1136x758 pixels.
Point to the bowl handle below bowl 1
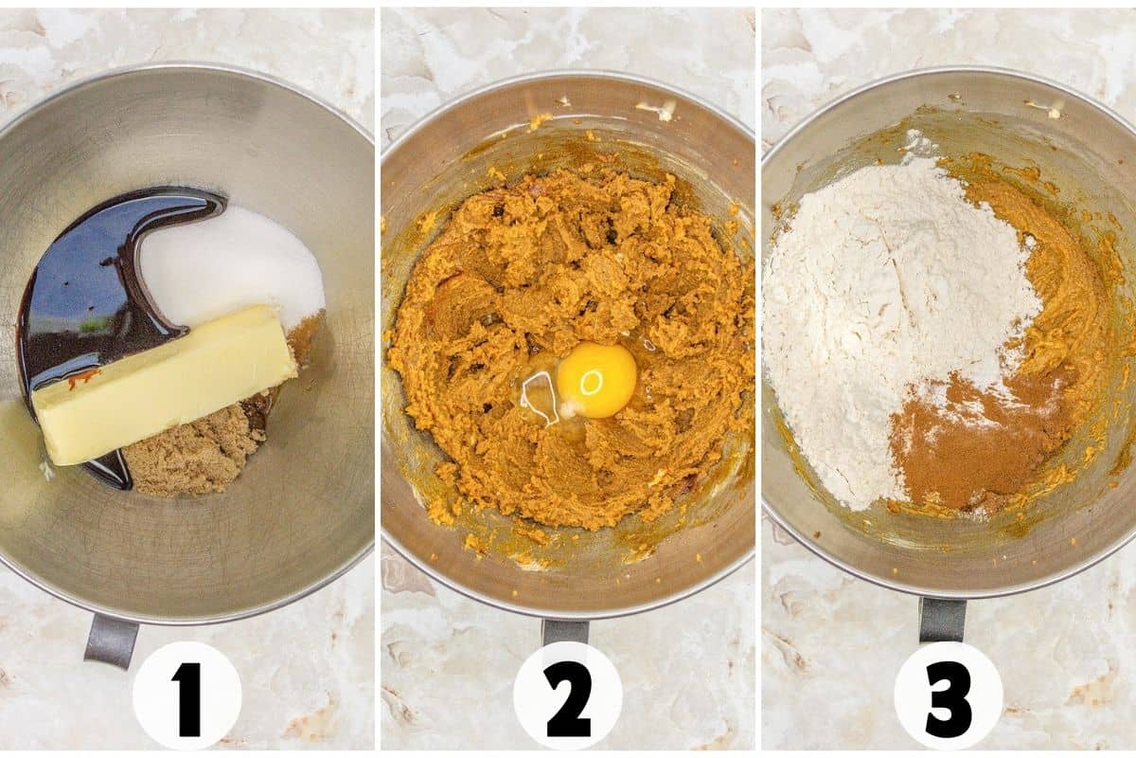[111, 639]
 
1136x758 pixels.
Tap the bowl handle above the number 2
[565, 631]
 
